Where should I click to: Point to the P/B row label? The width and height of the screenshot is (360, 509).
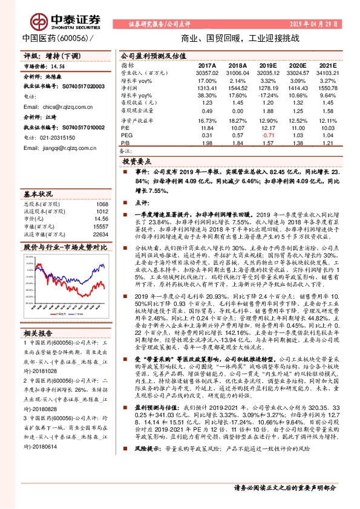(x=124, y=143)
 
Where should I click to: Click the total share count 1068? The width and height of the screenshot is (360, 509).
(x=102, y=204)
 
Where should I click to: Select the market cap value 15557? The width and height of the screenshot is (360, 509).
(x=100, y=226)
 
